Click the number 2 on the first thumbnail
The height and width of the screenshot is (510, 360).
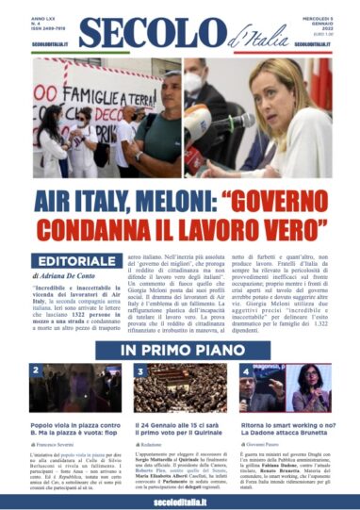(x=34, y=370)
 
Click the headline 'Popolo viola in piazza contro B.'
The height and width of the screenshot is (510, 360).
(x=72, y=430)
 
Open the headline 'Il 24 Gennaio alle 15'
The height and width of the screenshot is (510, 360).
(x=179, y=430)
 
